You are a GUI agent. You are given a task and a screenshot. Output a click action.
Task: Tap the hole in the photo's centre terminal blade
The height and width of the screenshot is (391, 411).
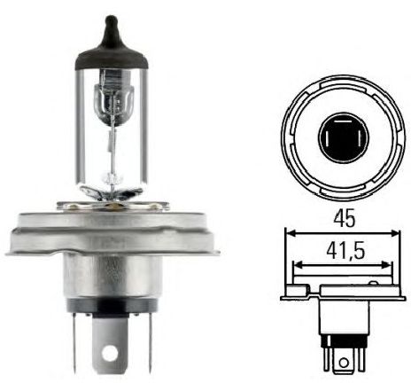[109, 351]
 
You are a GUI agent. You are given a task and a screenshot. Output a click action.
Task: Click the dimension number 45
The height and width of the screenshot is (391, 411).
[345, 219]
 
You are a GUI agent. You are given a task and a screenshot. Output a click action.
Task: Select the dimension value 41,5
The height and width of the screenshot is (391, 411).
[345, 251]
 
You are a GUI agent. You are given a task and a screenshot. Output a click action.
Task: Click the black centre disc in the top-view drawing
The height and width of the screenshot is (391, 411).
[344, 138]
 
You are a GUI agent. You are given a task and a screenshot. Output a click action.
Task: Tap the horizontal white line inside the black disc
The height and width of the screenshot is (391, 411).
[343, 121]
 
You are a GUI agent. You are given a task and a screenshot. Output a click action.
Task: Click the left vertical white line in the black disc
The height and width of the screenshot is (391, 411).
[328, 138]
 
